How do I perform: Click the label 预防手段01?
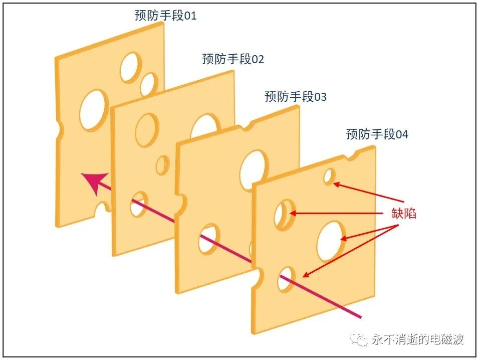[165, 16]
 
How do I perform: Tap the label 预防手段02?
[233, 59]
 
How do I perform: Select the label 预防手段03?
[296, 96]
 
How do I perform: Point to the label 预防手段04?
[377, 134]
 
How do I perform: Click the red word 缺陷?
[404, 213]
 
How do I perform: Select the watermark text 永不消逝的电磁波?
[418, 339]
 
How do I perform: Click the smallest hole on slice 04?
[329, 176]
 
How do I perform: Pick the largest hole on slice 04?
[331, 241]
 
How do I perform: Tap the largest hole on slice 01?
[94, 110]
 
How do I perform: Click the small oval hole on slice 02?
[162, 165]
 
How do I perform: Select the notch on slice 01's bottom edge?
[103, 208]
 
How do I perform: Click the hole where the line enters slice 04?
[286, 279]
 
